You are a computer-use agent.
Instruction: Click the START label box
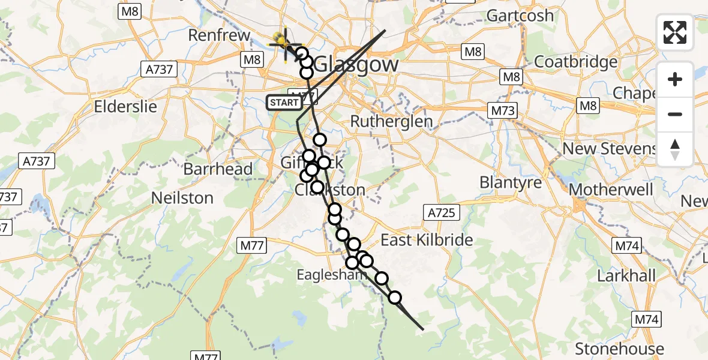pyautogui.click(x=284, y=103)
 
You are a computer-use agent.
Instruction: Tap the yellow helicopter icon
pyautogui.click(x=283, y=43)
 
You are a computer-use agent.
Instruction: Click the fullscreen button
pyautogui.click(x=675, y=32)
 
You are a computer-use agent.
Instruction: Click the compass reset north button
pyautogui.click(x=675, y=149)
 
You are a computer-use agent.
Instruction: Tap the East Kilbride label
pyautogui.click(x=427, y=240)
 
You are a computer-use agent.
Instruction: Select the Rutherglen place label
pyautogui.click(x=391, y=121)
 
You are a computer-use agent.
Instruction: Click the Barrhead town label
pyautogui.click(x=218, y=169)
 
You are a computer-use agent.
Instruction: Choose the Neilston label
pyautogui.click(x=182, y=198)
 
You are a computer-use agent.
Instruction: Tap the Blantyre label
pyautogui.click(x=511, y=182)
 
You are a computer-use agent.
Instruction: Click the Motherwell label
pyautogui.click(x=610, y=190)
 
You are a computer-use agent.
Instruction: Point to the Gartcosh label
pyautogui.click(x=520, y=16)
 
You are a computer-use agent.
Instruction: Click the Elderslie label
pyautogui.click(x=125, y=107)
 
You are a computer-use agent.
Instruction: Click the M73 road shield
pyautogui.click(x=503, y=111)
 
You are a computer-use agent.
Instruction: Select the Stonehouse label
pyautogui.click(x=619, y=349)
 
